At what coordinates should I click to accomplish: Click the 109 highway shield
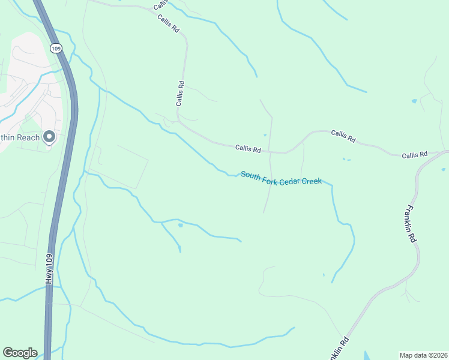pos(56,49)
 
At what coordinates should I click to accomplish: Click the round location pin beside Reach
pos(49,137)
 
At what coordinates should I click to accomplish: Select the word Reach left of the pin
pos(28,137)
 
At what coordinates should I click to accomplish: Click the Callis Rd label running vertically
pos(179,94)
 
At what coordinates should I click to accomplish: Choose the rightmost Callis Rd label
pos(414,155)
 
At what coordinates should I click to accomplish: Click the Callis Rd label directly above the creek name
pos(248,148)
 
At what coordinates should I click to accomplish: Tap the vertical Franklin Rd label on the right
pos(411,224)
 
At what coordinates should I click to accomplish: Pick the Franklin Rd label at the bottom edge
pos(338,347)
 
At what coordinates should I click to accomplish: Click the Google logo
pos(20,353)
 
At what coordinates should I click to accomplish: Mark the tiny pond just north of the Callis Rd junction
pos(265,135)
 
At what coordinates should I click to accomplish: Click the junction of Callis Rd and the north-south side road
pos(270,152)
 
